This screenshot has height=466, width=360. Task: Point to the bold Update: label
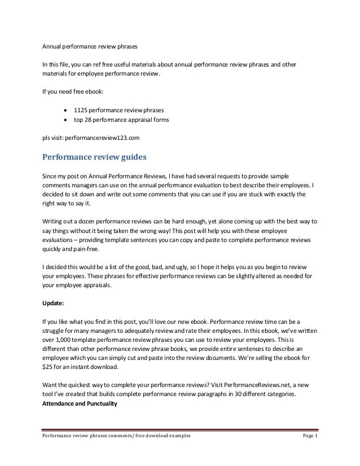tap(54, 302)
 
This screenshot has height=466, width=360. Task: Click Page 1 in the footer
tap(308, 452)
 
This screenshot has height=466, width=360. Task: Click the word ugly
tap(180, 266)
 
